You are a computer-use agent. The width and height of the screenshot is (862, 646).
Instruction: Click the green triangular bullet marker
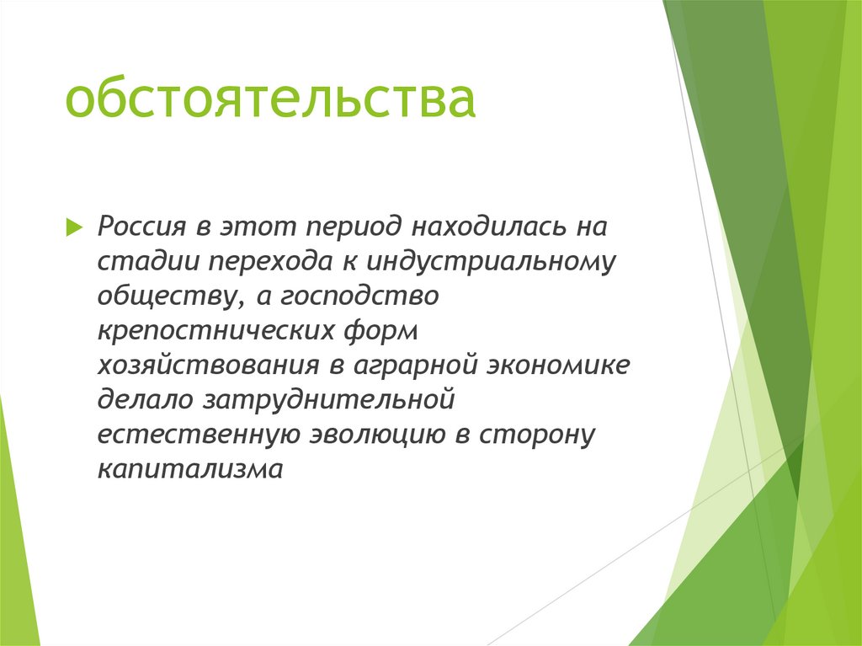click(x=73, y=227)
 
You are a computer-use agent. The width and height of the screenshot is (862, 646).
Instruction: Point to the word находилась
click(x=487, y=227)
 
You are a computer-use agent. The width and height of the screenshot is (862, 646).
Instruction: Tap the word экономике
click(x=559, y=367)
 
